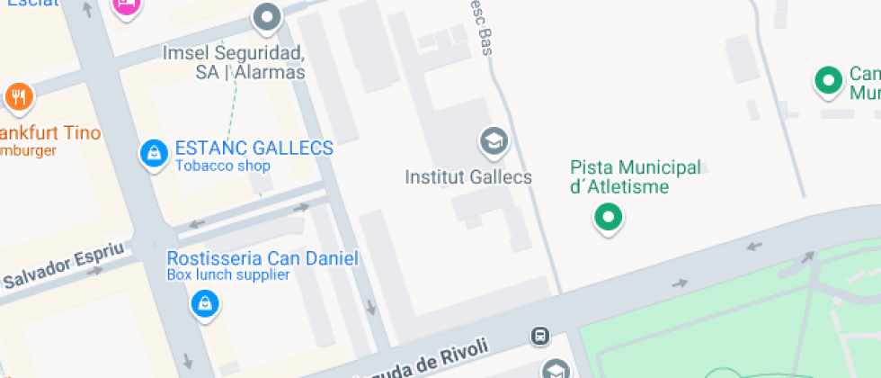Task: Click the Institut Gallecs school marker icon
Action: [x=493, y=141]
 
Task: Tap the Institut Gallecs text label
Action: [x=467, y=176]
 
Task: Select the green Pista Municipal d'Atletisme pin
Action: [x=609, y=217]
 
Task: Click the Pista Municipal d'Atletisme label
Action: [x=635, y=177]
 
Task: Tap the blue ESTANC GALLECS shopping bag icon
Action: [x=155, y=153]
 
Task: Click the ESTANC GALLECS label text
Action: [x=254, y=148]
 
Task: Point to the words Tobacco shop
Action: [x=222, y=166]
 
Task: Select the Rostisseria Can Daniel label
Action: [x=263, y=259]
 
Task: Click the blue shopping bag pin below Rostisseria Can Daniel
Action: [x=205, y=304]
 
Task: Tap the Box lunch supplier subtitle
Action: [x=228, y=275]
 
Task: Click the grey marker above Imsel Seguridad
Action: [x=266, y=17]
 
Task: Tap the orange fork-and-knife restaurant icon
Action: [x=18, y=96]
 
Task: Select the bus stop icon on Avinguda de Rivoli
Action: [x=540, y=336]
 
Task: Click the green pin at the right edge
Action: [x=827, y=81]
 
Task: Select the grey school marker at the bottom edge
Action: [x=556, y=369]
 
